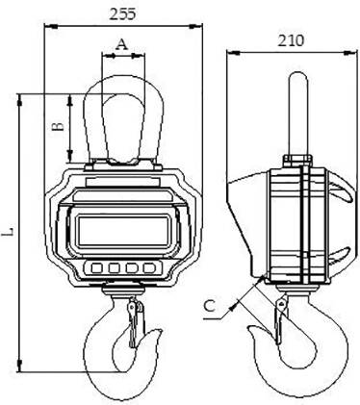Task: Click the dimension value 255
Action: pos(123,14)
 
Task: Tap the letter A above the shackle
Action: pos(121,43)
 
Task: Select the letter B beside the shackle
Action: pos(58,125)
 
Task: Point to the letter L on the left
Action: pos(10,232)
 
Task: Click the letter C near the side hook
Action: pos(211,306)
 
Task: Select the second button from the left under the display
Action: pos(114,268)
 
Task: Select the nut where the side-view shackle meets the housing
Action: pos(296,157)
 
